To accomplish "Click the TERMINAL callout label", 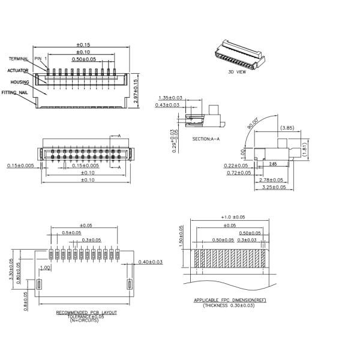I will coord(19,59).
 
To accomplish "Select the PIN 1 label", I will coord(40,59).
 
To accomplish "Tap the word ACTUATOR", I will coord(18,71).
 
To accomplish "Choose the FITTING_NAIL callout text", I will coord(15,93).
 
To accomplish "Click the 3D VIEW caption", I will coord(237,71).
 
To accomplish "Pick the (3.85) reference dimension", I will coord(287,128).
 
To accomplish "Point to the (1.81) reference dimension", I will coord(305,148).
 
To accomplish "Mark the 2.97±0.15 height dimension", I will coord(136,91).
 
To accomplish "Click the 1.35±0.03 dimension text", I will coord(170,97).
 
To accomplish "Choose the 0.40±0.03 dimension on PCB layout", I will coord(151,262).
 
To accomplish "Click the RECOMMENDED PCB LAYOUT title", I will coord(86,313).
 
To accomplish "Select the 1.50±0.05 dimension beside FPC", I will coord(181,236).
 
